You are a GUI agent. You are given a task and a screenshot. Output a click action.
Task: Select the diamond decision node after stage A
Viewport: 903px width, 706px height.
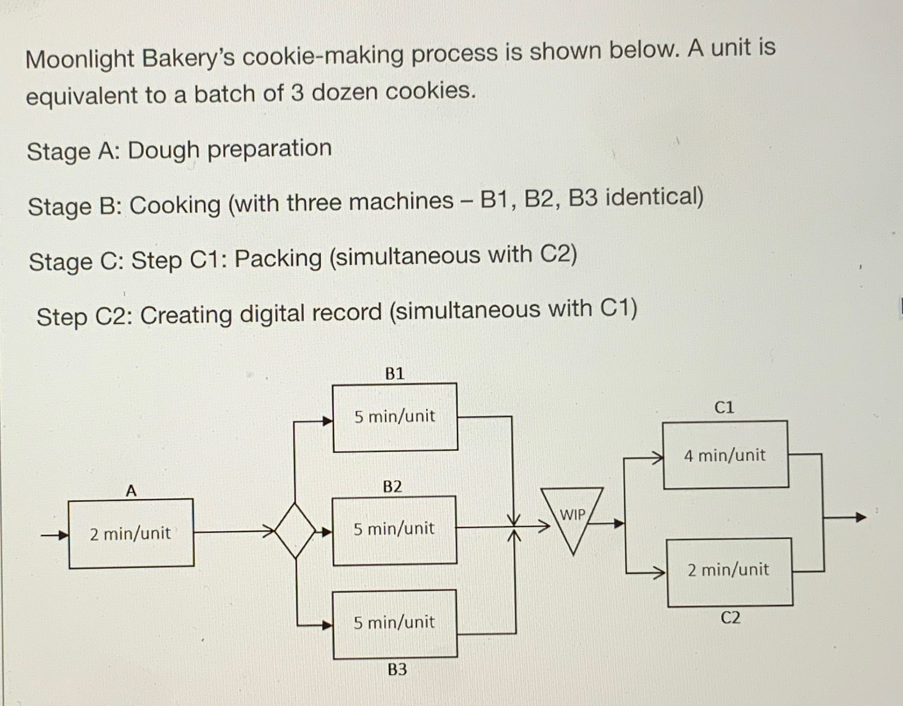coord(296,530)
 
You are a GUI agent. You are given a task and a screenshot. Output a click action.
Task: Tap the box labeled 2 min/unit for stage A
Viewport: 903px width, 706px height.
coord(131,533)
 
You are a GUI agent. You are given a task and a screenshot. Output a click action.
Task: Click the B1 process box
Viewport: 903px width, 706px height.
coord(395,417)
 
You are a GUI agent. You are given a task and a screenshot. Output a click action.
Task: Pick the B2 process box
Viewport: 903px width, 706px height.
coord(395,529)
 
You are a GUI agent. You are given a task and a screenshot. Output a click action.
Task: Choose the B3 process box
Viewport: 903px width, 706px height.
coord(395,623)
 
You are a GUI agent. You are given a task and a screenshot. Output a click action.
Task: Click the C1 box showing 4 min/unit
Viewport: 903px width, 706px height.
coord(725,455)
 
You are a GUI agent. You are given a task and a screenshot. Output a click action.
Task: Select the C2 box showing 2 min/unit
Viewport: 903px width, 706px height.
coord(729,571)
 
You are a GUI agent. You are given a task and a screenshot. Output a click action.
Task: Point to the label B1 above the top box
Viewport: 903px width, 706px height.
coord(395,374)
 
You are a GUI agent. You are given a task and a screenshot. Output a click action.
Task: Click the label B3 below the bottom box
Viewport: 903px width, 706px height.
coord(397,669)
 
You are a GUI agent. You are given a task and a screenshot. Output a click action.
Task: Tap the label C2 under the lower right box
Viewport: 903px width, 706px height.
coord(730,618)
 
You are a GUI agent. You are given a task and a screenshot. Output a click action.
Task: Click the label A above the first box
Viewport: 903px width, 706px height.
coord(131,491)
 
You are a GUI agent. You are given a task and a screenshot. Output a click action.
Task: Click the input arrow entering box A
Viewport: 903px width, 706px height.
coord(55,535)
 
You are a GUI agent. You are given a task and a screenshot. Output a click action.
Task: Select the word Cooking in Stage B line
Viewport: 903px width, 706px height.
coord(175,205)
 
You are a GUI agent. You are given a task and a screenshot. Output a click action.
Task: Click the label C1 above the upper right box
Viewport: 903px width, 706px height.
coord(724,407)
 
